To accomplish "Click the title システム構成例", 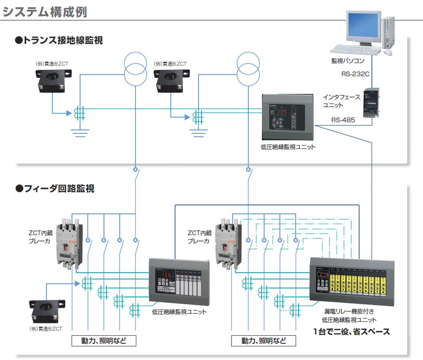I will (x=45, y=11).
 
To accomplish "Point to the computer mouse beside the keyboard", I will (x=387, y=52).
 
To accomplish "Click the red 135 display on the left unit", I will (x=166, y=275).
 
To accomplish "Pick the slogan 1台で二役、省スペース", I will (x=352, y=332).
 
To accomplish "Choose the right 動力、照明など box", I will (x=264, y=341).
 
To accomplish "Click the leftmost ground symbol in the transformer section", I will (x=80, y=131).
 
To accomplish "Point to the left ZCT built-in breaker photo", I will (x=70, y=245).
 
